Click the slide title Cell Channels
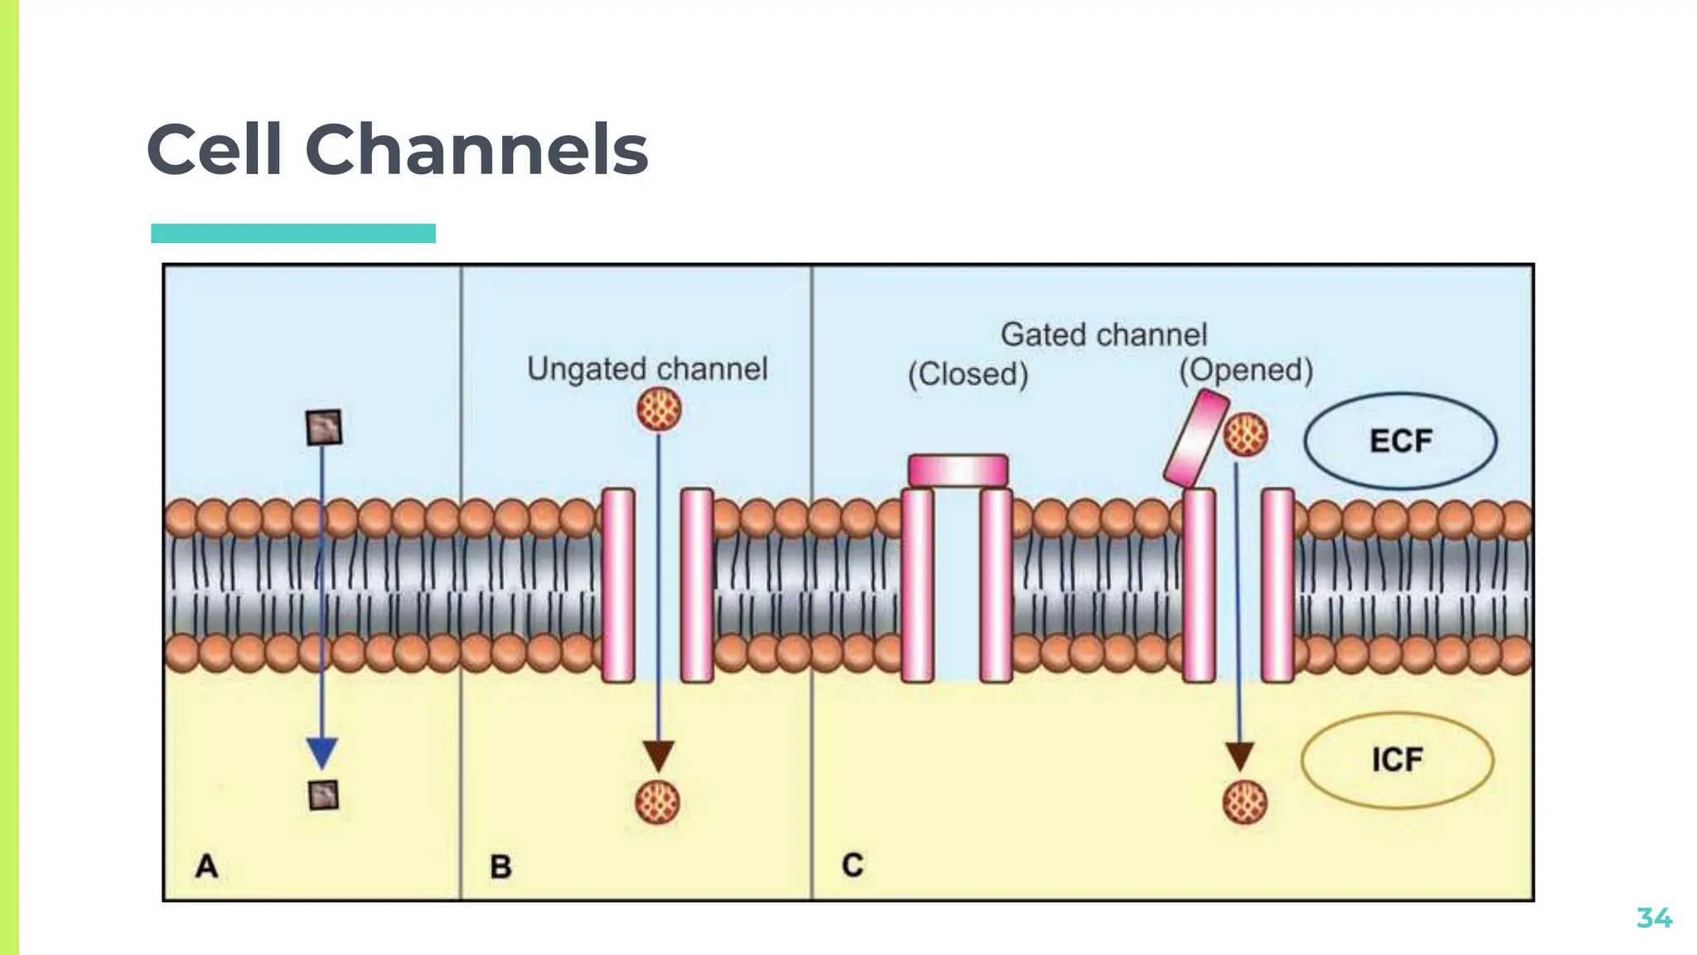coord(397,150)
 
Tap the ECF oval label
coord(1400,441)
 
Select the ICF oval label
coord(1397,760)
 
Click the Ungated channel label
coord(647,369)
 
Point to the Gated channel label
coord(1103,335)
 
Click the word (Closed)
coord(968,374)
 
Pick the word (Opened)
coord(1246,370)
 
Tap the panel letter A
coord(206,866)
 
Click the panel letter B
coord(500,867)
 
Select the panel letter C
coord(853,865)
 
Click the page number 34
coord(1654,918)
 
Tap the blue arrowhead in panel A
coord(322,752)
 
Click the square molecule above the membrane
coord(323,428)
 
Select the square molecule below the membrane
coord(323,796)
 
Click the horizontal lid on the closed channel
coord(958,471)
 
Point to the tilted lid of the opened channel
coord(1196,439)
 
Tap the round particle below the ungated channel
coord(658,802)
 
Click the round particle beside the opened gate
coord(1246,435)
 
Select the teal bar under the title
coord(293,233)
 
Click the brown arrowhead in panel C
coord(1240,756)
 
